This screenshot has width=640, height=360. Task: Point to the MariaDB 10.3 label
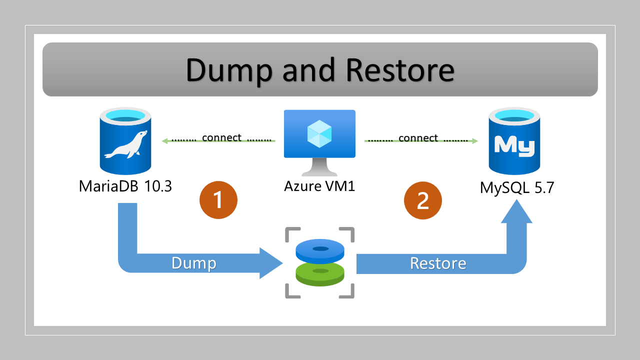point(125,186)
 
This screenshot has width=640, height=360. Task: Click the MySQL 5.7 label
point(517,187)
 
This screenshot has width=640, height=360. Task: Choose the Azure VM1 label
point(320,186)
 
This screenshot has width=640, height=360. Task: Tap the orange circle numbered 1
point(218,200)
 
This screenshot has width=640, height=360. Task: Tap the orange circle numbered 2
point(423,200)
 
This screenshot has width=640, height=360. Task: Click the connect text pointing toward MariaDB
point(221,137)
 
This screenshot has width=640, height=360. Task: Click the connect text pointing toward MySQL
point(418,137)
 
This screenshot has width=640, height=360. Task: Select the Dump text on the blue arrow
point(194,263)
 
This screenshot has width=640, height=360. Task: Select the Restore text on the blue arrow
point(438,263)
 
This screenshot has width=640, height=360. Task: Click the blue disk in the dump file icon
point(320,250)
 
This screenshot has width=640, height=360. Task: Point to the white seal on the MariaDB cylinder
point(125,145)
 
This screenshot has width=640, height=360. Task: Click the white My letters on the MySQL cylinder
point(514,145)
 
